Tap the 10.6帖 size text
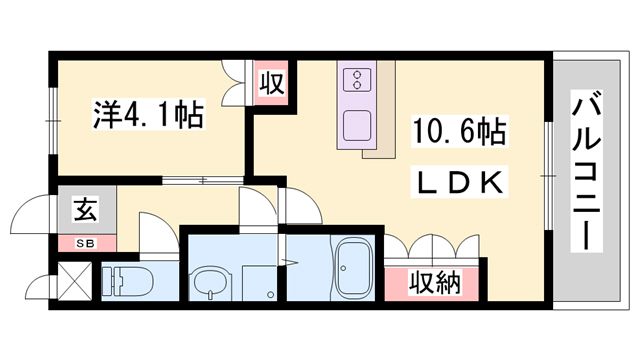click(458, 132)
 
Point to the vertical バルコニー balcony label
click(588, 170)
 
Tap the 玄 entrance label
click(86, 211)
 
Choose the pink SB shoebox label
click(86, 241)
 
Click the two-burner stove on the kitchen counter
click(356, 81)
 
